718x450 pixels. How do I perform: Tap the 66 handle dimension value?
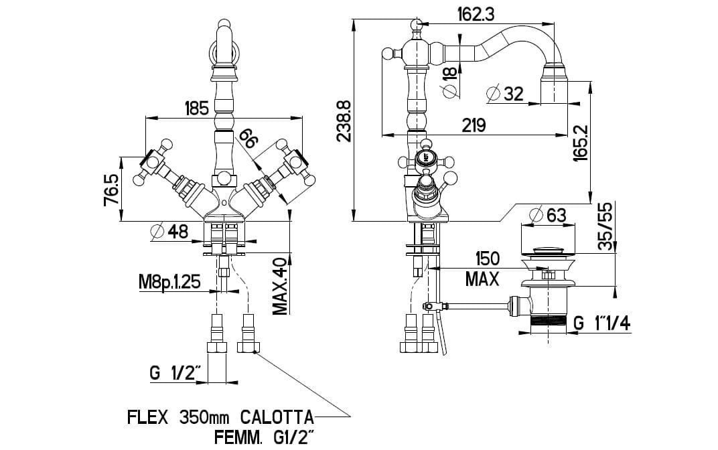248,138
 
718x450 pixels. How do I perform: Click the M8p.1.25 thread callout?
169,282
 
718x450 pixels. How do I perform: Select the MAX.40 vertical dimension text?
280,285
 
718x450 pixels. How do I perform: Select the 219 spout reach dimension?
473,125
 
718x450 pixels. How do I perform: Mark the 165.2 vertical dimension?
580,142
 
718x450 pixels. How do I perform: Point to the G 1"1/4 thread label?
601,324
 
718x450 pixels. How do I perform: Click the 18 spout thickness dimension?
450,71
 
